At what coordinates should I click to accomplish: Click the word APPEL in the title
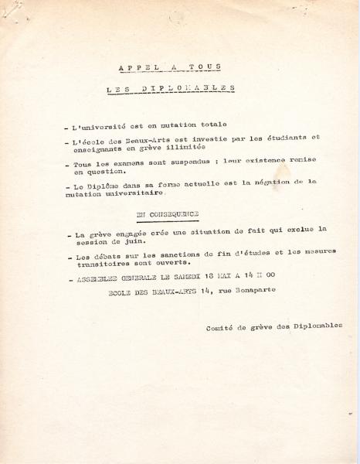134,67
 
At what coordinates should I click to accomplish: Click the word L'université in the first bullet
97,126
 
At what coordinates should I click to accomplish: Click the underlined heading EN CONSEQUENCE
168,213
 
